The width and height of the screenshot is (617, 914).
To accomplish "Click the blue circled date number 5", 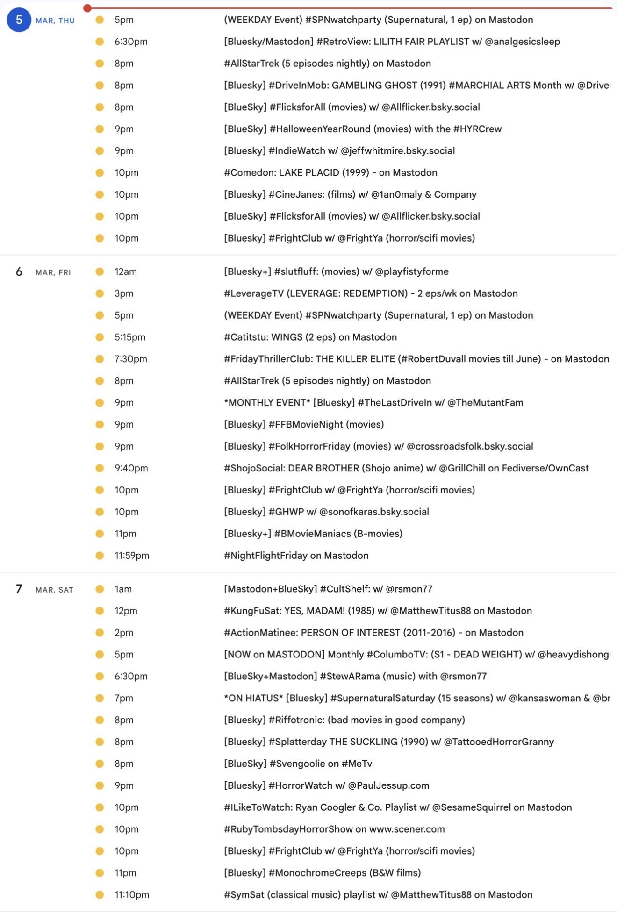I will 19,20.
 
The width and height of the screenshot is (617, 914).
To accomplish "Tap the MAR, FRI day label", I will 53,272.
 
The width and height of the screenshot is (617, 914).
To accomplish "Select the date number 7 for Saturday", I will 19,589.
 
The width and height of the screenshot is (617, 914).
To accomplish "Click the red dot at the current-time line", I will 87,8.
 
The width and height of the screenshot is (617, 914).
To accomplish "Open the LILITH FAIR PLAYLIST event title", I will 392,42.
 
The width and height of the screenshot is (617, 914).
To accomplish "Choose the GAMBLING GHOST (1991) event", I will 416,85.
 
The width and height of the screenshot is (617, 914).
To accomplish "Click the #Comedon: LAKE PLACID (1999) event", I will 330,172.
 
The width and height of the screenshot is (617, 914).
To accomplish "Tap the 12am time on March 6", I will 126,271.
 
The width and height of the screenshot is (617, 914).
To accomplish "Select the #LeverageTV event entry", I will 371,293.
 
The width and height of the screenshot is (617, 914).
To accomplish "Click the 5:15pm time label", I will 130,337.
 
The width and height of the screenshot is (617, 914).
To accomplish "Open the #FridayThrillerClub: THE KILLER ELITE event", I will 416,359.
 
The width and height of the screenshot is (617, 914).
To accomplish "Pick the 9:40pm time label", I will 131,468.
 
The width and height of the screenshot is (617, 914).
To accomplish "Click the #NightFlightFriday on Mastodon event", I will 296,555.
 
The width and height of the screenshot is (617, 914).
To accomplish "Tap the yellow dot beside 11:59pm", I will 100,555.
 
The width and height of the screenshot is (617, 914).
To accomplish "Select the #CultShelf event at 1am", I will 328,589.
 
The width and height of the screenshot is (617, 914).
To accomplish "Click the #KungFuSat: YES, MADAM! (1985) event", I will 378,611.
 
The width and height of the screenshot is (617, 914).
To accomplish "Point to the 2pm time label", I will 124,632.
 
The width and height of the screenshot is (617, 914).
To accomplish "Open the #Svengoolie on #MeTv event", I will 298,764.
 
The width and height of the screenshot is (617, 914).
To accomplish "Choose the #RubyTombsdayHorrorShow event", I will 334,829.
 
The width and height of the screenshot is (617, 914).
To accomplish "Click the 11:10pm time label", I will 132,894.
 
